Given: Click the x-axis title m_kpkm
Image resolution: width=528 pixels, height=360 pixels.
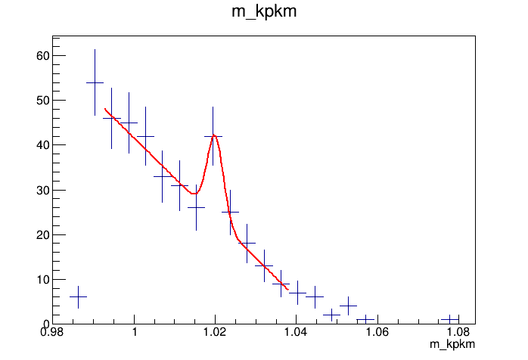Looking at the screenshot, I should pos(452,345).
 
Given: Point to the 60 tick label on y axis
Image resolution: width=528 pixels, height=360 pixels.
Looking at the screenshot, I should pos(41,55).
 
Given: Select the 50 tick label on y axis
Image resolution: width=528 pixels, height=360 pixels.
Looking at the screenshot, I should pos(41,100).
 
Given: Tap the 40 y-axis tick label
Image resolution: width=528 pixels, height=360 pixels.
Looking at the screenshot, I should pos(41,144).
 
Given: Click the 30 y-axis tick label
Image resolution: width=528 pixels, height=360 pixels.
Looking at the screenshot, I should pos(41,190).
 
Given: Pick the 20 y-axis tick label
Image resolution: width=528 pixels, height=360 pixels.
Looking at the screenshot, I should pos(41,234).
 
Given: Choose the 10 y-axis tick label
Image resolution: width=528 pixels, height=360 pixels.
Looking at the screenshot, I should pos(41,279).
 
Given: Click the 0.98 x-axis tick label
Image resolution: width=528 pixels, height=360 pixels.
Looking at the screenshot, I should pos(53,332).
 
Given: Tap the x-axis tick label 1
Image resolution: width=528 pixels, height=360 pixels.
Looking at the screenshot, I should pos(134,332).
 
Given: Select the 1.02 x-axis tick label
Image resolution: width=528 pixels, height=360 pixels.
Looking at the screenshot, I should pos(215,332).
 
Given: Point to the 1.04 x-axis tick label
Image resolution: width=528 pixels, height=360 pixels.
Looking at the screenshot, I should pos(296,332).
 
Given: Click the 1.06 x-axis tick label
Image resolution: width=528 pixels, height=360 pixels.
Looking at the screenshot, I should pos(377,332).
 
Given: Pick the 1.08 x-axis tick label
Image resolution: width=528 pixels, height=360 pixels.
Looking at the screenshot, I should pos(458,332).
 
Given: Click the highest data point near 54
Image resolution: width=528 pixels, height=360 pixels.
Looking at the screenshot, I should pos(95,82).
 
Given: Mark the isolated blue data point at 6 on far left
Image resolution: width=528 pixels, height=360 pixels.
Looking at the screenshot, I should pos(78,297).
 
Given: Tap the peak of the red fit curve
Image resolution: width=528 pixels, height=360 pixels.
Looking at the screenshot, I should pos(215,135).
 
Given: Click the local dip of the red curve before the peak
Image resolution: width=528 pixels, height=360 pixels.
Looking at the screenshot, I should pos(194,194).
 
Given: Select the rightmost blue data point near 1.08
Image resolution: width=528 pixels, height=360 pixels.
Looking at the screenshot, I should pos(450,319).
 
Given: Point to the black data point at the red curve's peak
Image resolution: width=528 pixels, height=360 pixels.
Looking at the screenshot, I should pos(213,136).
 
